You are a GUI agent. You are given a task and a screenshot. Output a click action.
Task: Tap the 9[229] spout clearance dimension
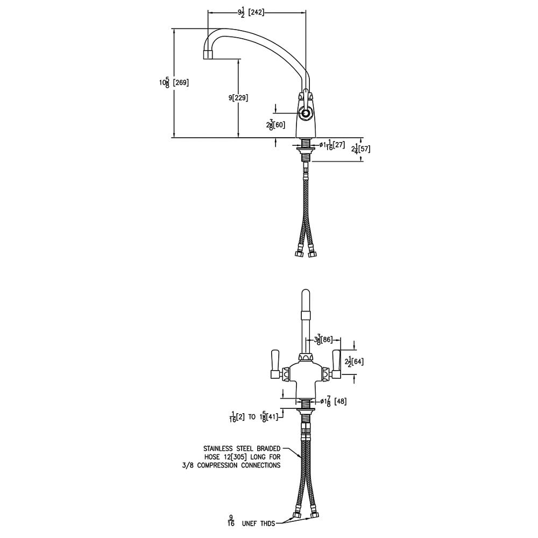click(x=238, y=97)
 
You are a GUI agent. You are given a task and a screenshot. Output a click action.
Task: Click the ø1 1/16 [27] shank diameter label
click(x=331, y=145)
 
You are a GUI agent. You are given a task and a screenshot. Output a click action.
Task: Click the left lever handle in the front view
click(x=275, y=364)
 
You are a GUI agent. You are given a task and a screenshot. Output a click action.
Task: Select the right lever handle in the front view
click(x=337, y=364)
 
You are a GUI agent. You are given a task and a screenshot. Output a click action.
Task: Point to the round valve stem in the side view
click(x=305, y=114)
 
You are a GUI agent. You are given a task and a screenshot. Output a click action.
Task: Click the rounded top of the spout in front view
click(x=306, y=295)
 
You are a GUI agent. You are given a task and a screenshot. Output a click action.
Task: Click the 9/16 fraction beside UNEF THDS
click(x=231, y=521)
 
